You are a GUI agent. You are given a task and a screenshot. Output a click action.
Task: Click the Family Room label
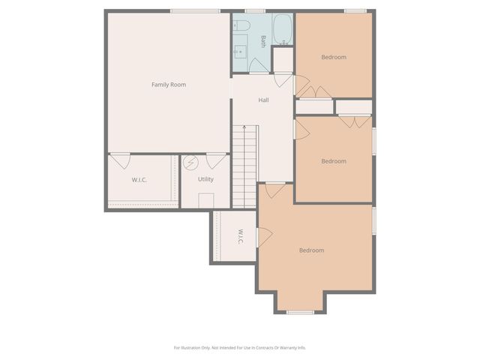[x=169, y=85]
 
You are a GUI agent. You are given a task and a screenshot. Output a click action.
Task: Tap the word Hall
[x=264, y=100]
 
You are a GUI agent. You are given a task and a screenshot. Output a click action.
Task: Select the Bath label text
[x=263, y=41]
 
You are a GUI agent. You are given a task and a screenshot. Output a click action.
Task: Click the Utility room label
[x=205, y=179]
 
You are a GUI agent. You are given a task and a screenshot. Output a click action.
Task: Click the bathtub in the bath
[x=283, y=30]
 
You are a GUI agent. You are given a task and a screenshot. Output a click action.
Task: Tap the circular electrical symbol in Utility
[x=190, y=161]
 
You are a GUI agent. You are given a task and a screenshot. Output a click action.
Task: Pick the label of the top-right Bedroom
[x=334, y=57]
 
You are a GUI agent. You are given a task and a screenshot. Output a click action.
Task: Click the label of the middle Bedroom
[x=334, y=161]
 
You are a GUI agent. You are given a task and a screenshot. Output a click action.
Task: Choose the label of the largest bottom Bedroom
[x=311, y=250]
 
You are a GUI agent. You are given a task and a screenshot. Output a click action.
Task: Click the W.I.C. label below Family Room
[x=139, y=179]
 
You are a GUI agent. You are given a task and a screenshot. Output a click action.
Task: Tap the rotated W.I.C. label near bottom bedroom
[x=241, y=236]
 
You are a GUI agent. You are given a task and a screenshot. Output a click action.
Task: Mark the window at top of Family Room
[x=195, y=10]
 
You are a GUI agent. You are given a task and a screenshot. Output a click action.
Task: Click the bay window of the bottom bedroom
[x=300, y=312]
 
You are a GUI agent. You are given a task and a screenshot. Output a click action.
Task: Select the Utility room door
[x=217, y=160]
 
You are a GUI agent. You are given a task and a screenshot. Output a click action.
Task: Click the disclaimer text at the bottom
[x=240, y=347]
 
